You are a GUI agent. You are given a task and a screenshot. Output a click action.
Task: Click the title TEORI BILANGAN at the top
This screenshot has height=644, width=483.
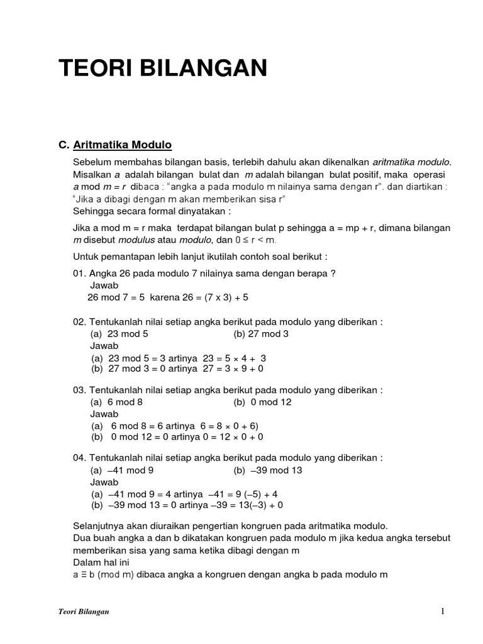coord(163,68)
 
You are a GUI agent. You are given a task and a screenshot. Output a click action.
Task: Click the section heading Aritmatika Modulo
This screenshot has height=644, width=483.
coord(122,145)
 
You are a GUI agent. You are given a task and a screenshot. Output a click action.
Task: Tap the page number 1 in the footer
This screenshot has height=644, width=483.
coord(443,611)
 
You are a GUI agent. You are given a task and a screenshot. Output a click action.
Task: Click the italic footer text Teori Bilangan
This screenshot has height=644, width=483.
coord(79,612)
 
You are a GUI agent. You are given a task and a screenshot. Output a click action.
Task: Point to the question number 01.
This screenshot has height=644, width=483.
coord(80,273)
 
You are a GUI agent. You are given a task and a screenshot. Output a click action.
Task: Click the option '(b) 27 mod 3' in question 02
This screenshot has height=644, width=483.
coord(261,334)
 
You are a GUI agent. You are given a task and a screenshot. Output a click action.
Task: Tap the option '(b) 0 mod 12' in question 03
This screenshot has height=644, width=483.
coord(262,402)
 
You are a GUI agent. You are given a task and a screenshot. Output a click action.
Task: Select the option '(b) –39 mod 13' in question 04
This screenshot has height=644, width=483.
coord(268,470)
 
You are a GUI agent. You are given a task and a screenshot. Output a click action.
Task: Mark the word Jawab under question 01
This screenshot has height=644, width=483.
coord(104,285)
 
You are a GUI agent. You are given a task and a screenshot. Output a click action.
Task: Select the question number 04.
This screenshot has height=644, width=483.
coord(80,457)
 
